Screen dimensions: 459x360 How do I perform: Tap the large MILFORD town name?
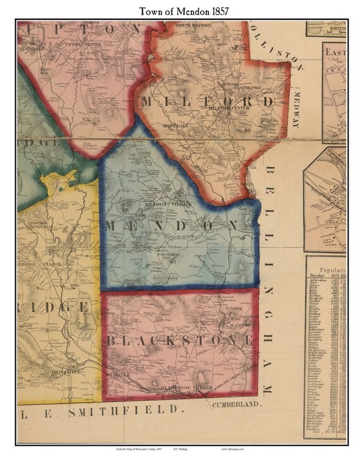coord(208,101)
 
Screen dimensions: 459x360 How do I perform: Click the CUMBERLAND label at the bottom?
coord(237,403)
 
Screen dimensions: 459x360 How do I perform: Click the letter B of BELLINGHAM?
coord(270,171)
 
